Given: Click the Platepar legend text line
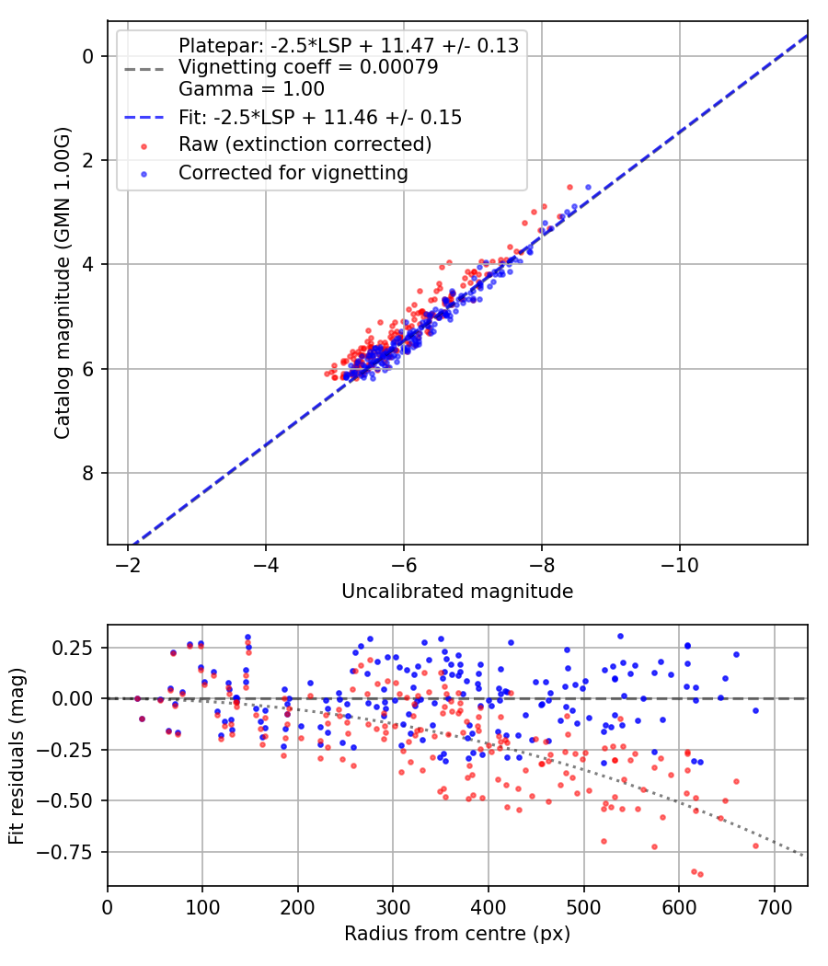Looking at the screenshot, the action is coord(349,46).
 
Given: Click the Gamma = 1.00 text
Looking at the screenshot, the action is coord(251,88).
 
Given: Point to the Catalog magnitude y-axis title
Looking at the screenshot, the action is coord(63,282).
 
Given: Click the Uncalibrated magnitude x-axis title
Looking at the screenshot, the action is coord(457,592).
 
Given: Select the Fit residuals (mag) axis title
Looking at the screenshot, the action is coord(17,756).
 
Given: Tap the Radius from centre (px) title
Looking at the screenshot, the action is coord(457,934).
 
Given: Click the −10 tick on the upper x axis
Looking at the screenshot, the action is coord(680,565).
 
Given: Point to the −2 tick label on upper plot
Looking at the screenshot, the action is coord(128,565).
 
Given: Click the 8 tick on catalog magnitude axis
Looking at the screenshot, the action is coord(87,473).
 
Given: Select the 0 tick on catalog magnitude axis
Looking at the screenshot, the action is coord(87,56).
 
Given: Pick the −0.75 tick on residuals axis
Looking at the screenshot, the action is coord(64,852).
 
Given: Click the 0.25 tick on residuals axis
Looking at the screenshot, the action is coord(72,648).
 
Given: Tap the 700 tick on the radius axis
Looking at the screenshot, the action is coord(775,907).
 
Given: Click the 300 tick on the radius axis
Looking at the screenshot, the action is coord(393,907).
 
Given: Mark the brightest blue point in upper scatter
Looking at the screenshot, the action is coord(588,188).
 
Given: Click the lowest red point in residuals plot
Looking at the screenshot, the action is coord(700,874).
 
